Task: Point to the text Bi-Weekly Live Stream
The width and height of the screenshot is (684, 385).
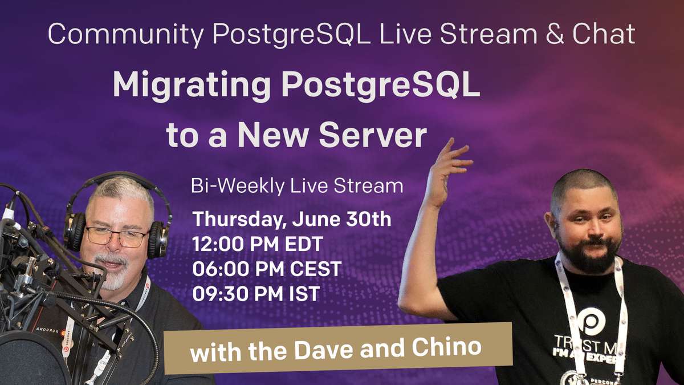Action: click(298, 187)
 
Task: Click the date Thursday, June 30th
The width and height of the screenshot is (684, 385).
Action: click(292, 220)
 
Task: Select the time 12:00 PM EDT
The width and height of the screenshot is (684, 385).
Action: click(258, 244)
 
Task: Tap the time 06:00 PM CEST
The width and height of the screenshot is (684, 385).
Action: click(267, 269)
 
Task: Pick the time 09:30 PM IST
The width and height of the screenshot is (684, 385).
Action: click(256, 293)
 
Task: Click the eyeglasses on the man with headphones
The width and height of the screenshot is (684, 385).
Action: click(117, 236)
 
